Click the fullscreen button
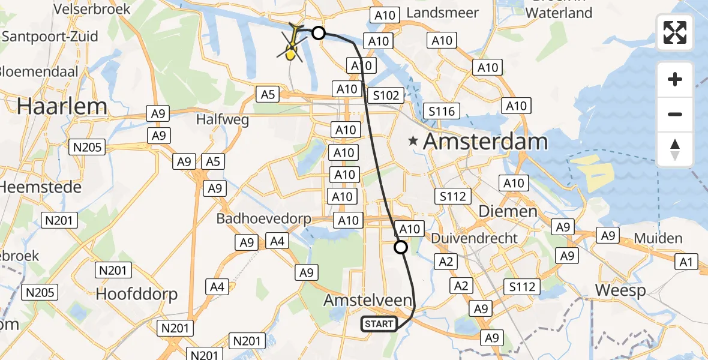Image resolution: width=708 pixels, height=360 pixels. tap(675, 32)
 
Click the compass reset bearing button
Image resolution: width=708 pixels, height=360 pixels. tap(675, 149)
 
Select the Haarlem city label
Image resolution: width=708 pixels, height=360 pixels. tap(62, 106)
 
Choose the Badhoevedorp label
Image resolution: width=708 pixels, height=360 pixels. tap(265, 218)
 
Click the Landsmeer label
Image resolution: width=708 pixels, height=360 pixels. tap(443, 13)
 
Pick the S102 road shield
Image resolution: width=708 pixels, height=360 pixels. tap(385, 95)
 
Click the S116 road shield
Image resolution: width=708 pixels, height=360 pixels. tap(442, 111)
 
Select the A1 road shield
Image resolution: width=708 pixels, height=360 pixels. tap(686, 261)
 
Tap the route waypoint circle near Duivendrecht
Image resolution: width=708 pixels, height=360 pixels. tap(401, 247)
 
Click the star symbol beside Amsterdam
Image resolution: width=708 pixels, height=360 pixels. tap(413, 142)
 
